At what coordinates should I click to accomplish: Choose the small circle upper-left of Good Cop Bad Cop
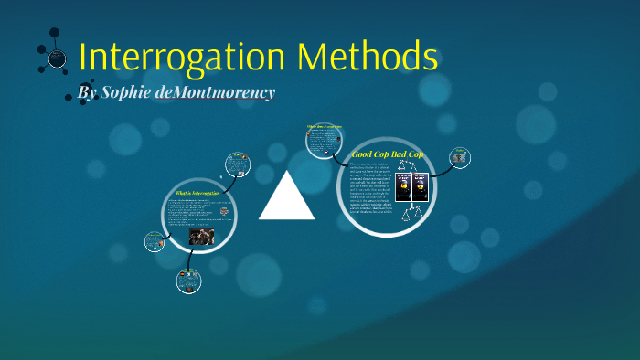click(325, 140)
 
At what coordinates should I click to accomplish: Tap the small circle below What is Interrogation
click(188, 280)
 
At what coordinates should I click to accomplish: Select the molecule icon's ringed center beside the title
click(57, 58)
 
